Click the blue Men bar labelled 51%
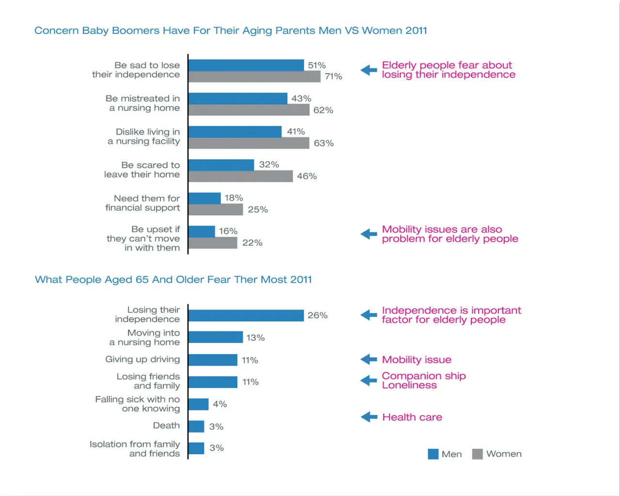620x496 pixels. tap(247, 65)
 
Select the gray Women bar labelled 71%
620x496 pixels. tap(255, 77)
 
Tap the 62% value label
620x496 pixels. tap(323, 110)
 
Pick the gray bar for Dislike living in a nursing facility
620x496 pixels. tap(249, 143)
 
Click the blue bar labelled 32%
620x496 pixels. tap(221, 165)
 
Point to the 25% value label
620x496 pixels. tap(258, 210)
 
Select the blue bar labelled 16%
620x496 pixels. tap(201, 232)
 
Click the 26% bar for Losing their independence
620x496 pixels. tap(247, 316)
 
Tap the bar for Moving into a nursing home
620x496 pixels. tap(216, 337)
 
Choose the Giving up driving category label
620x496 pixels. tap(142, 359)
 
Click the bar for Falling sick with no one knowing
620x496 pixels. tap(199, 404)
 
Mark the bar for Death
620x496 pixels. tap(197, 427)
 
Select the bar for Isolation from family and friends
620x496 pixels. tap(197, 449)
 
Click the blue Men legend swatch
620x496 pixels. tap(433, 454)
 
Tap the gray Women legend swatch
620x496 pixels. tap(478, 454)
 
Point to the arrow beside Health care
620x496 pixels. tap(369, 417)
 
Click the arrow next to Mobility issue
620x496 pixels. tap(369, 359)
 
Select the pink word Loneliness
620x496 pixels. tap(409, 386)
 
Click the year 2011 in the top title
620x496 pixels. tap(416, 31)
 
